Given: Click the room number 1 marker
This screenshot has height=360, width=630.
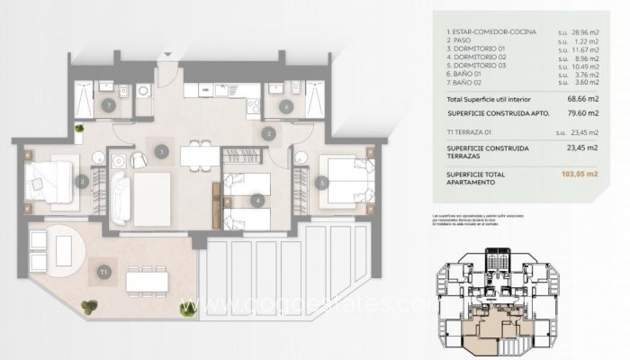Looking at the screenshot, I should coord(162,152).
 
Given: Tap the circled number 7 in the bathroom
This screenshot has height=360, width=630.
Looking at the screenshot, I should coord(108,106).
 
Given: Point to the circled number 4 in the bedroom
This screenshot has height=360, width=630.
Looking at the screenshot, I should coord(257,200).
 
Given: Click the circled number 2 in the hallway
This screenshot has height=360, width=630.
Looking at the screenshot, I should coord(268,134).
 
